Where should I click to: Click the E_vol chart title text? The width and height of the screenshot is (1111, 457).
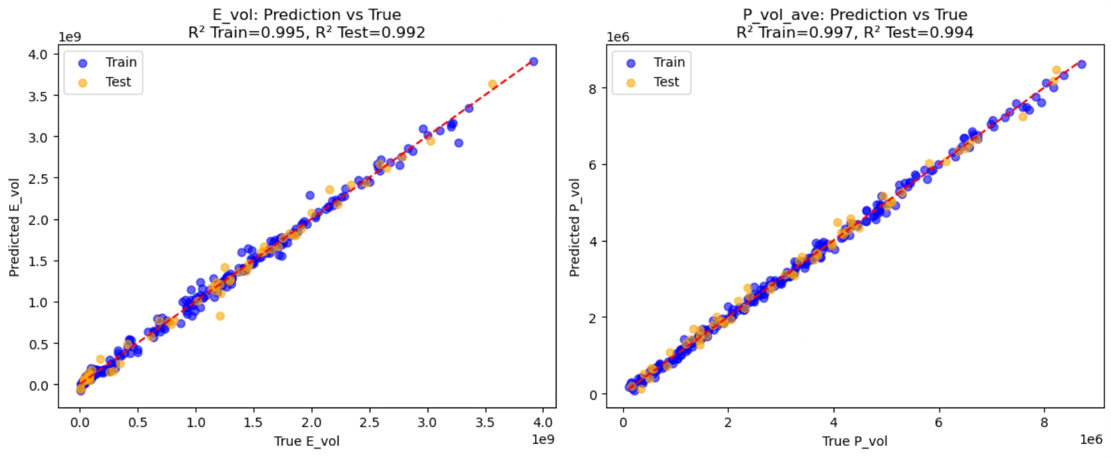307,15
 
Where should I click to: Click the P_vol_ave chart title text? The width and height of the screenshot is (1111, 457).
855,15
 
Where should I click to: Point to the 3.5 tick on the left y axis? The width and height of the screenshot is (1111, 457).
38,96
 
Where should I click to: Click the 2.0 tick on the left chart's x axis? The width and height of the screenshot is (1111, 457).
311,422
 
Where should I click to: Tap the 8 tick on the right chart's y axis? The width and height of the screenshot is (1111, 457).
592,88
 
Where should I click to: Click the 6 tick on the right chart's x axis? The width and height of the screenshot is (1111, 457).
939,422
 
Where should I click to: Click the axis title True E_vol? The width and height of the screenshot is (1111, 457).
307,441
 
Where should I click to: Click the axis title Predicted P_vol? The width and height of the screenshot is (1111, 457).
575,227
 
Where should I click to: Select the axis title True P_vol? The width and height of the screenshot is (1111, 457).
855,441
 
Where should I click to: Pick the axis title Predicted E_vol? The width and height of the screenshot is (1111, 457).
14,227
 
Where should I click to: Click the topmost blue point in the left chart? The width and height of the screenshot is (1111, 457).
534,62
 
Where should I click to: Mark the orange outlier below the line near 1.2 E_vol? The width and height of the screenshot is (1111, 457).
220,316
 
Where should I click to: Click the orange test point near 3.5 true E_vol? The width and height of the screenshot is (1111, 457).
493,84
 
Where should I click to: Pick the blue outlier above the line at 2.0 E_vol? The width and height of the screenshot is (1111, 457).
310,195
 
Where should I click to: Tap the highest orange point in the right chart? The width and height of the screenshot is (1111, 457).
1056,70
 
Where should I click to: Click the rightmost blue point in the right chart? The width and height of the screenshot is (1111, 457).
1082,64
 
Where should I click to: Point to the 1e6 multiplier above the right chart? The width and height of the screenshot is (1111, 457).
618,37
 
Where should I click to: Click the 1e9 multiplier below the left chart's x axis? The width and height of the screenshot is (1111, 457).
543,439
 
